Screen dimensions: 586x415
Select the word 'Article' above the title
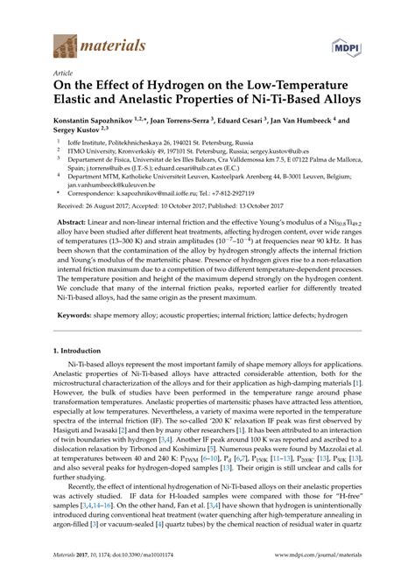click(x=63, y=74)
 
